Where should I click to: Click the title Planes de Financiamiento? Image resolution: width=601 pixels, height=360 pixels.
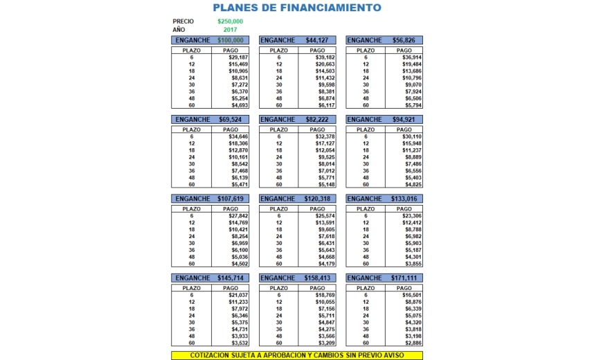pos(296,8)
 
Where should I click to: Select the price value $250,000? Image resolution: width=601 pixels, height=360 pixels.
pos(230,21)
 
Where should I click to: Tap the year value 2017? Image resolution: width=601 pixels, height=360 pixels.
pos(231,30)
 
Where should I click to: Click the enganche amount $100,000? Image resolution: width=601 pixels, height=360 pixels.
pos(231,40)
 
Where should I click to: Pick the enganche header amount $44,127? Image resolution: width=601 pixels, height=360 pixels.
pos(318,40)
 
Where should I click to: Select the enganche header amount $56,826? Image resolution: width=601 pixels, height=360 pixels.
pos(405,40)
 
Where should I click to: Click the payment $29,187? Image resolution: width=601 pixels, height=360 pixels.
pos(238,57)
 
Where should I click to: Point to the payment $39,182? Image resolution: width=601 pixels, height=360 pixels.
pos(325,57)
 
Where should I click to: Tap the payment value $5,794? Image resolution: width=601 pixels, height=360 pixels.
pos(413,105)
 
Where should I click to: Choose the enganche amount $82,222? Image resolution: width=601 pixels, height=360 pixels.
pos(318,120)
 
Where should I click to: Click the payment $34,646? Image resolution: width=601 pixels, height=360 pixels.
pos(238,136)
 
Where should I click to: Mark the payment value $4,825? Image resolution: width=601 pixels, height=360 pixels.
pos(413,185)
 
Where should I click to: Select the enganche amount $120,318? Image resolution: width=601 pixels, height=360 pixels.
pos(318,199)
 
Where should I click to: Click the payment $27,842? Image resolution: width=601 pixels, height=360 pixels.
pos(238,216)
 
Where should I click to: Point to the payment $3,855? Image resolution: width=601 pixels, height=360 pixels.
pos(413,264)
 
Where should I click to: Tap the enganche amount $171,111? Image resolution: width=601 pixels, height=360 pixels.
pos(405,278)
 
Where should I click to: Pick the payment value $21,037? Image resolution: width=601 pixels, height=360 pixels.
pos(238,295)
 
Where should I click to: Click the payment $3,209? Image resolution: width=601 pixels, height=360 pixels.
pos(325,343)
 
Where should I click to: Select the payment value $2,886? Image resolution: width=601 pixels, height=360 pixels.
pos(413,343)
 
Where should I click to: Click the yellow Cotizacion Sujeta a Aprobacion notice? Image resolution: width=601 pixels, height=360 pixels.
pos(296,355)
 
